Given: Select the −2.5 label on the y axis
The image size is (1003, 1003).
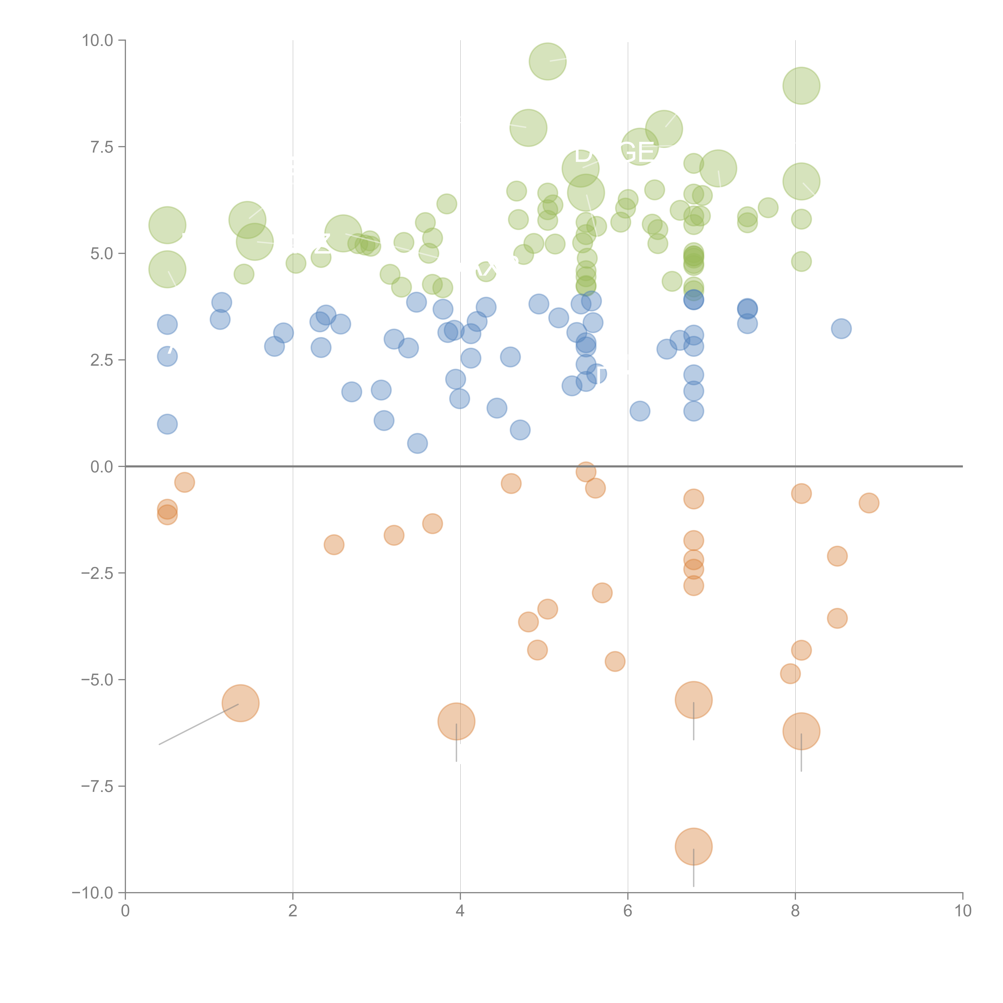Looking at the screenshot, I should click(97, 573).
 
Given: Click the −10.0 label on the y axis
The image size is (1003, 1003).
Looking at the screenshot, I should click(92, 893).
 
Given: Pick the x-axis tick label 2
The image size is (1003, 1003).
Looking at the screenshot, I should click(293, 911).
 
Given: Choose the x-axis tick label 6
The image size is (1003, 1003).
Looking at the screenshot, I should click(628, 911).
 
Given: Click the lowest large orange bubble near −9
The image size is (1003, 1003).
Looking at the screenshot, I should click(693, 847).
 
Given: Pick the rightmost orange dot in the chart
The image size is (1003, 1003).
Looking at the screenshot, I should click(869, 503).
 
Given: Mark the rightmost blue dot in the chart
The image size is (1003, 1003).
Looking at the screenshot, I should click(841, 329).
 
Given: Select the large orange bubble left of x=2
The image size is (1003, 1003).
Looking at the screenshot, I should click(240, 704).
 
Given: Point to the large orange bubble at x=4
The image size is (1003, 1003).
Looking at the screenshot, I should click(456, 722).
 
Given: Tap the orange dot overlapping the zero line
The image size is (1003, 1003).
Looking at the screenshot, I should click(586, 472).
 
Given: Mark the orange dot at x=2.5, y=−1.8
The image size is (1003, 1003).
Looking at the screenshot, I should click(334, 545).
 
